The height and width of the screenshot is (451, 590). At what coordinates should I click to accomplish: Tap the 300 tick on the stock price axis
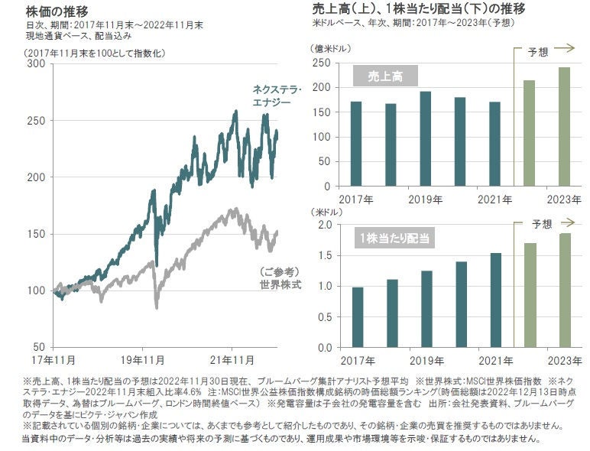[36, 63]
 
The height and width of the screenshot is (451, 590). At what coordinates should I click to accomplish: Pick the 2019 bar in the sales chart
[425, 138]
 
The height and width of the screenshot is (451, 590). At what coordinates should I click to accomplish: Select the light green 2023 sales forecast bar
[564, 126]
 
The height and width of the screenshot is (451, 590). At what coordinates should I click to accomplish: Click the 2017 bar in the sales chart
[355, 144]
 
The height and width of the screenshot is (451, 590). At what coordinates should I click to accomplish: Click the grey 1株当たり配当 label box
[394, 238]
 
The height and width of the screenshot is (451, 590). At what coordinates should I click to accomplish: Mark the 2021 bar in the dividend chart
[494, 300]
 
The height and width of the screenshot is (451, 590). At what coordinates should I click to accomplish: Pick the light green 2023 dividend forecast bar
[564, 290]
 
